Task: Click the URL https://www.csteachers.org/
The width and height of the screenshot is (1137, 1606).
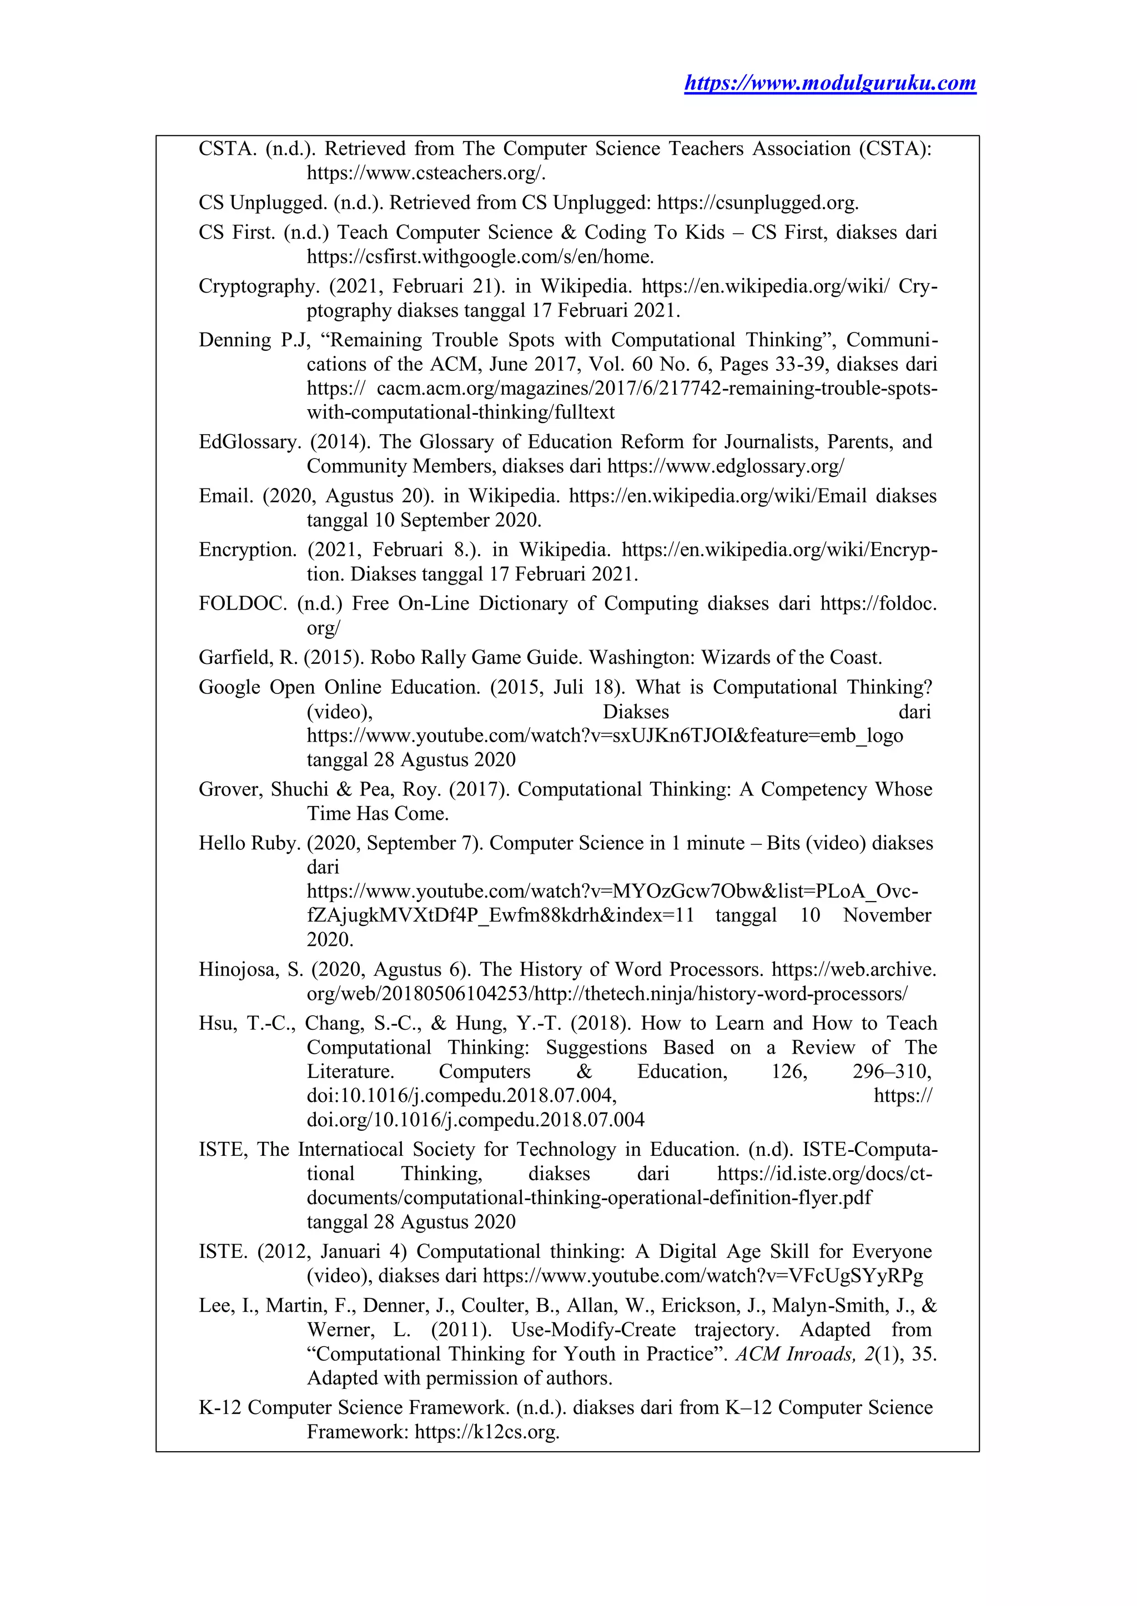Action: (x=426, y=173)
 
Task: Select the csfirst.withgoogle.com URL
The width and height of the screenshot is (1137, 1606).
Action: (x=480, y=257)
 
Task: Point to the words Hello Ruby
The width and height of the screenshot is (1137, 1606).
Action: (x=249, y=844)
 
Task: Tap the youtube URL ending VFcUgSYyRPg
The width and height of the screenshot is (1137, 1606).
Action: (x=703, y=1276)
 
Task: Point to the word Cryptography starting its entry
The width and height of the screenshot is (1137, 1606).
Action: (x=259, y=286)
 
